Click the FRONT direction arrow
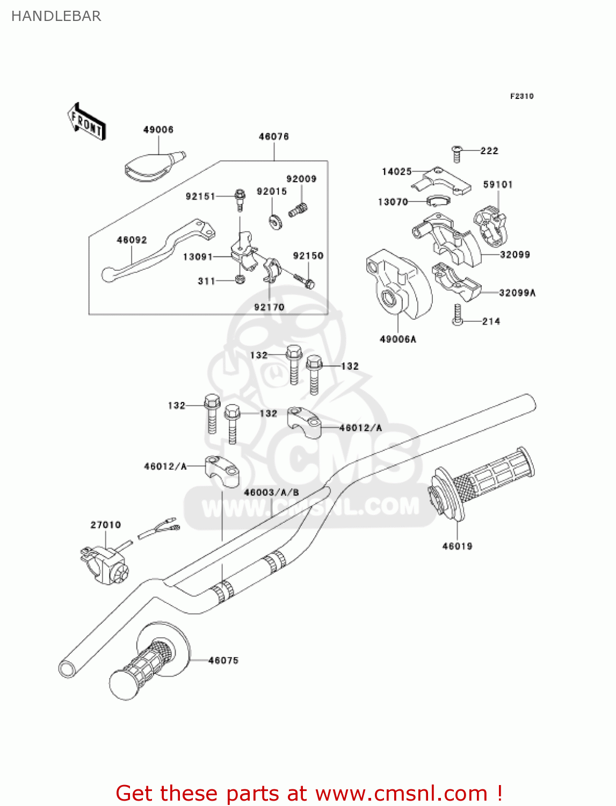click(86, 122)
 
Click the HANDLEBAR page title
click(56, 16)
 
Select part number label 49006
click(158, 129)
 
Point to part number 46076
click(274, 136)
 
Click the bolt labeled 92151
click(240, 199)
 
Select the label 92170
click(269, 307)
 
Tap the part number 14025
click(396, 171)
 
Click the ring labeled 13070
click(438, 201)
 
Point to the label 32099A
click(517, 293)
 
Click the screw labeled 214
click(457, 315)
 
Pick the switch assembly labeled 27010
click(105, 564)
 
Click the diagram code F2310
click(521, 96)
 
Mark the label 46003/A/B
click(271, 492)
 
